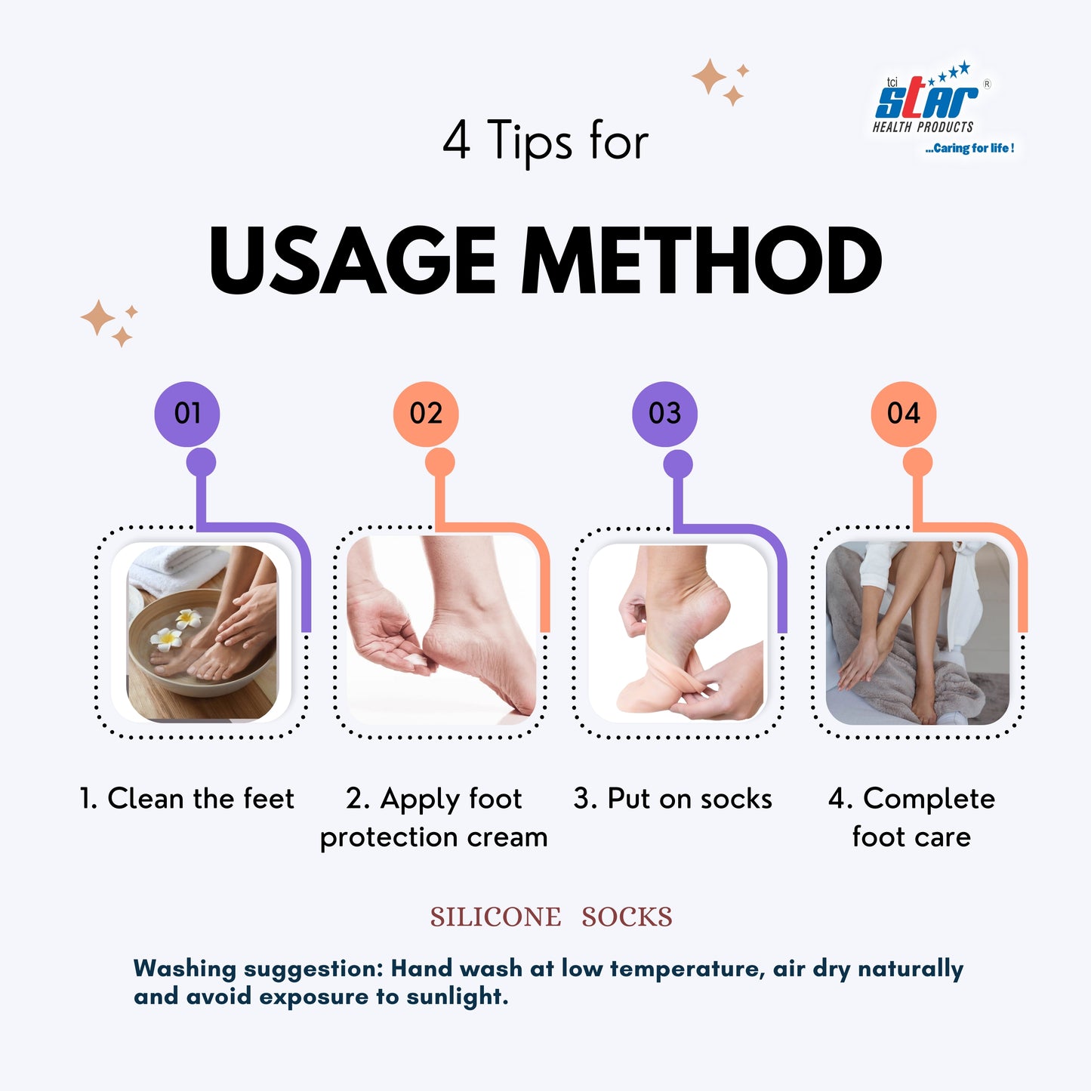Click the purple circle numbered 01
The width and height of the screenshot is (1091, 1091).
(x=186, y=414)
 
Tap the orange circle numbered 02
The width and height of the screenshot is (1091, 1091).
(x=426, y=414)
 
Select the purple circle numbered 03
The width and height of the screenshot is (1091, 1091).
(x=664, y=414)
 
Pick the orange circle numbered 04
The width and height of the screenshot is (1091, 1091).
(x=904, y=414)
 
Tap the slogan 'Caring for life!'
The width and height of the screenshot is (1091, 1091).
(x=970, y=148)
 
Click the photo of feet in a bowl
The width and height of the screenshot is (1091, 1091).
(x=202, y=633)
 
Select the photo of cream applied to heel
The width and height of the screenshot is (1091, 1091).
(x=442, y=630)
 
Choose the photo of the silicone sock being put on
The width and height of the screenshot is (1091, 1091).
(x=678, y=633)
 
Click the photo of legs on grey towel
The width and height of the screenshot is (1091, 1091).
(x=917, y=633)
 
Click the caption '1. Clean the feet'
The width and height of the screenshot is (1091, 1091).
(x=186, y=799)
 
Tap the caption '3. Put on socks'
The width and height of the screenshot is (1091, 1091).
(x=673, y=799)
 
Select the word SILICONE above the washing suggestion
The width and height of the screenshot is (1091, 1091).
(x=495, y=917)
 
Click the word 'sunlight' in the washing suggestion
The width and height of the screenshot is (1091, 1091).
(x=457, y=997)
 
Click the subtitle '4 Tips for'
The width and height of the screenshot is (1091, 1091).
(x=545, y=141)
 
